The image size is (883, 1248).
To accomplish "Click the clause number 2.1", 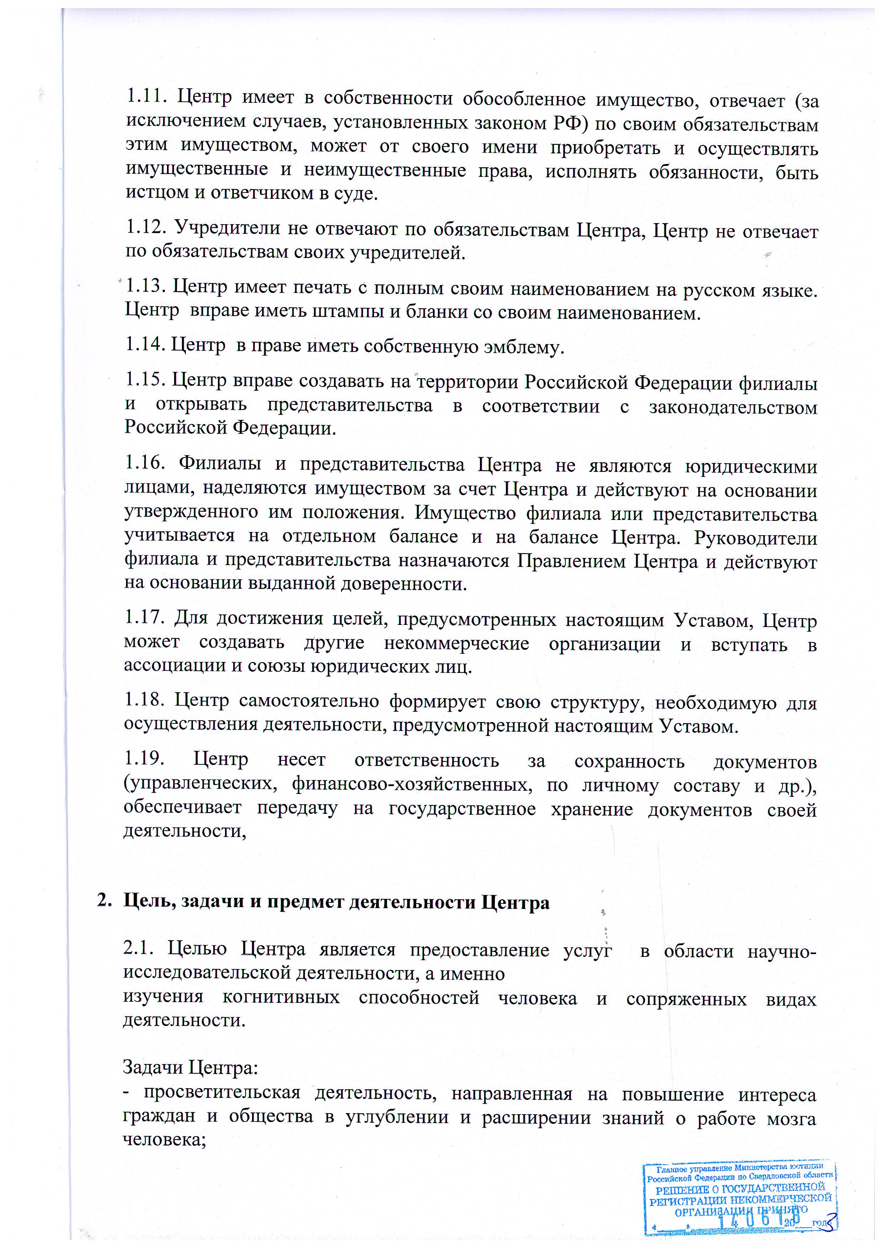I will [x=139, y=949].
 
